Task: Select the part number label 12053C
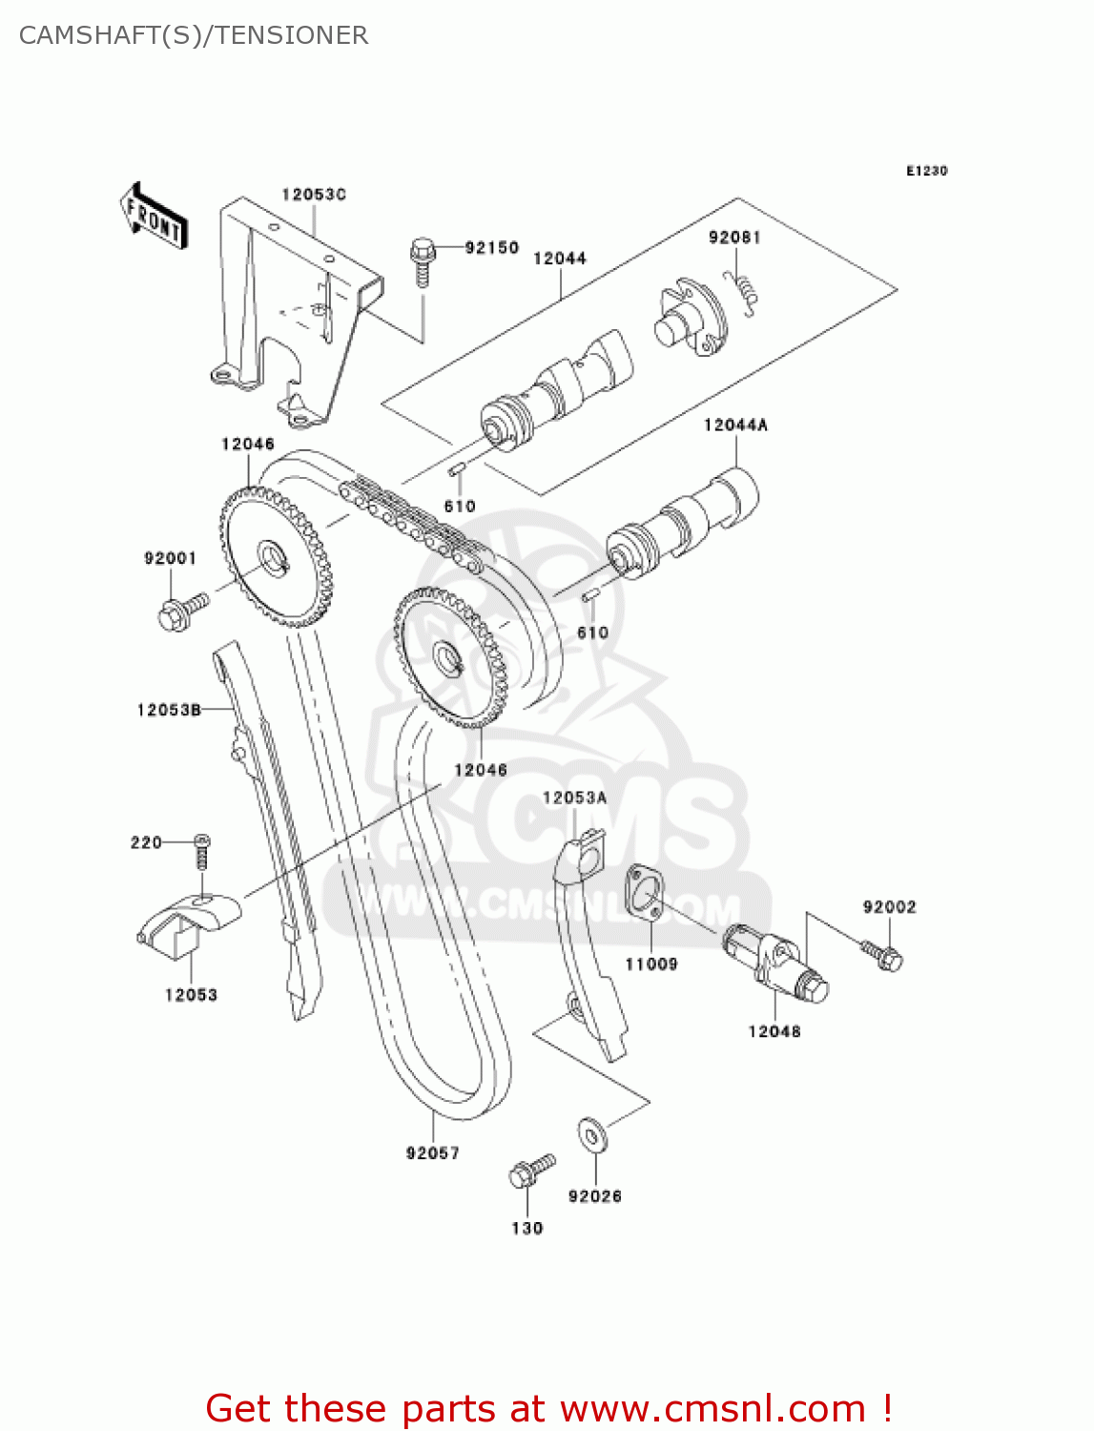(313, 195)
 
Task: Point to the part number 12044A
(735, 425)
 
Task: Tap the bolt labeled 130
(530, 1172)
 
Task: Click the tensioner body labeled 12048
(774, 964)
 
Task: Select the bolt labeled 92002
(882, 955)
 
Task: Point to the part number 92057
(433, 1153)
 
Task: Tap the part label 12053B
(169, 710)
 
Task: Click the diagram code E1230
(926, 171)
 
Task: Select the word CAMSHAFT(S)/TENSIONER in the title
(194, 35)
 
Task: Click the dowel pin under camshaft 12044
(457, 470)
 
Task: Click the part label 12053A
(574, 798)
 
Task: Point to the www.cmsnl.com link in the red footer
(712, 1409)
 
